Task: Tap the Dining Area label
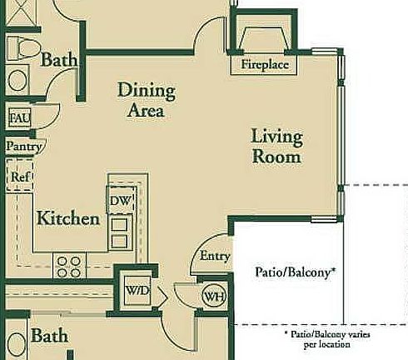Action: (146, 99)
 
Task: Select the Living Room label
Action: (277, 147)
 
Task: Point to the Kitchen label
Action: (68, 219)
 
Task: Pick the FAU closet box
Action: (19, 118)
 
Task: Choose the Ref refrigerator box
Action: (19, 177)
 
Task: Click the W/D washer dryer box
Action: (136, 290)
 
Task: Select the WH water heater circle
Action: (214, 296)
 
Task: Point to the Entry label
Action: (215, 257)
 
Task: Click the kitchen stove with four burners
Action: (67, 266)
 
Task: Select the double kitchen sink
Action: (119, 232)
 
